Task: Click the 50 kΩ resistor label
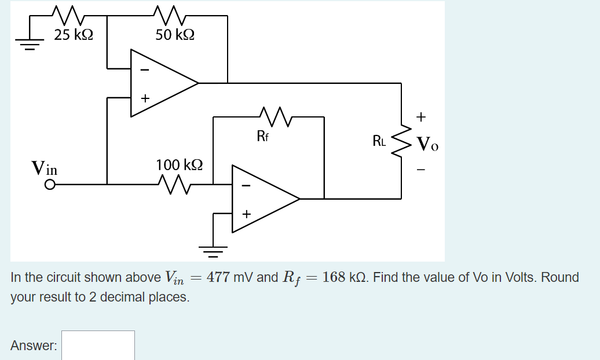click(175, 35)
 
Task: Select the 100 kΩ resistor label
click(180, 165)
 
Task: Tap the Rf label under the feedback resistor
click(262, 137)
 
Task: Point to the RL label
click(379, 140)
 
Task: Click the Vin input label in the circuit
click(45, 169)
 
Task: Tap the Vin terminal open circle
click(50, 185)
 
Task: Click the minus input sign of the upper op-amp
click(145, 70)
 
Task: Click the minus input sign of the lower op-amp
click(246, 186)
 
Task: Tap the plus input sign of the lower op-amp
click(246, 215)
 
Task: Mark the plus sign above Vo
click(421, 117)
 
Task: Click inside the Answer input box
click(98, 346)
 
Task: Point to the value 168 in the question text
click(334, 277)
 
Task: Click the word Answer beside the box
click(34, 346)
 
